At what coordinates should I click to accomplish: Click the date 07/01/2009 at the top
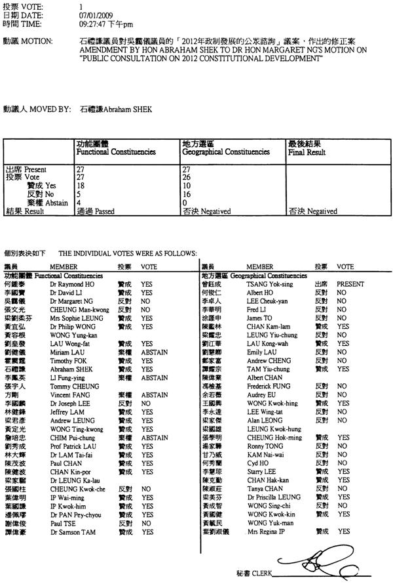pos(94,13)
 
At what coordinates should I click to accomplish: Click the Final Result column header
pos(307,152)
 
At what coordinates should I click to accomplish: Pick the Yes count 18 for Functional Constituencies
pos(81,186)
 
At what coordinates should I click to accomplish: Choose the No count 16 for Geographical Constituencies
pos(185,194)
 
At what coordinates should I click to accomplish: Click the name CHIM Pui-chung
pos(71,436)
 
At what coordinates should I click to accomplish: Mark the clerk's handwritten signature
pos(314,562)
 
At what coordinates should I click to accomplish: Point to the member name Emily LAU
pos(261,351)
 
